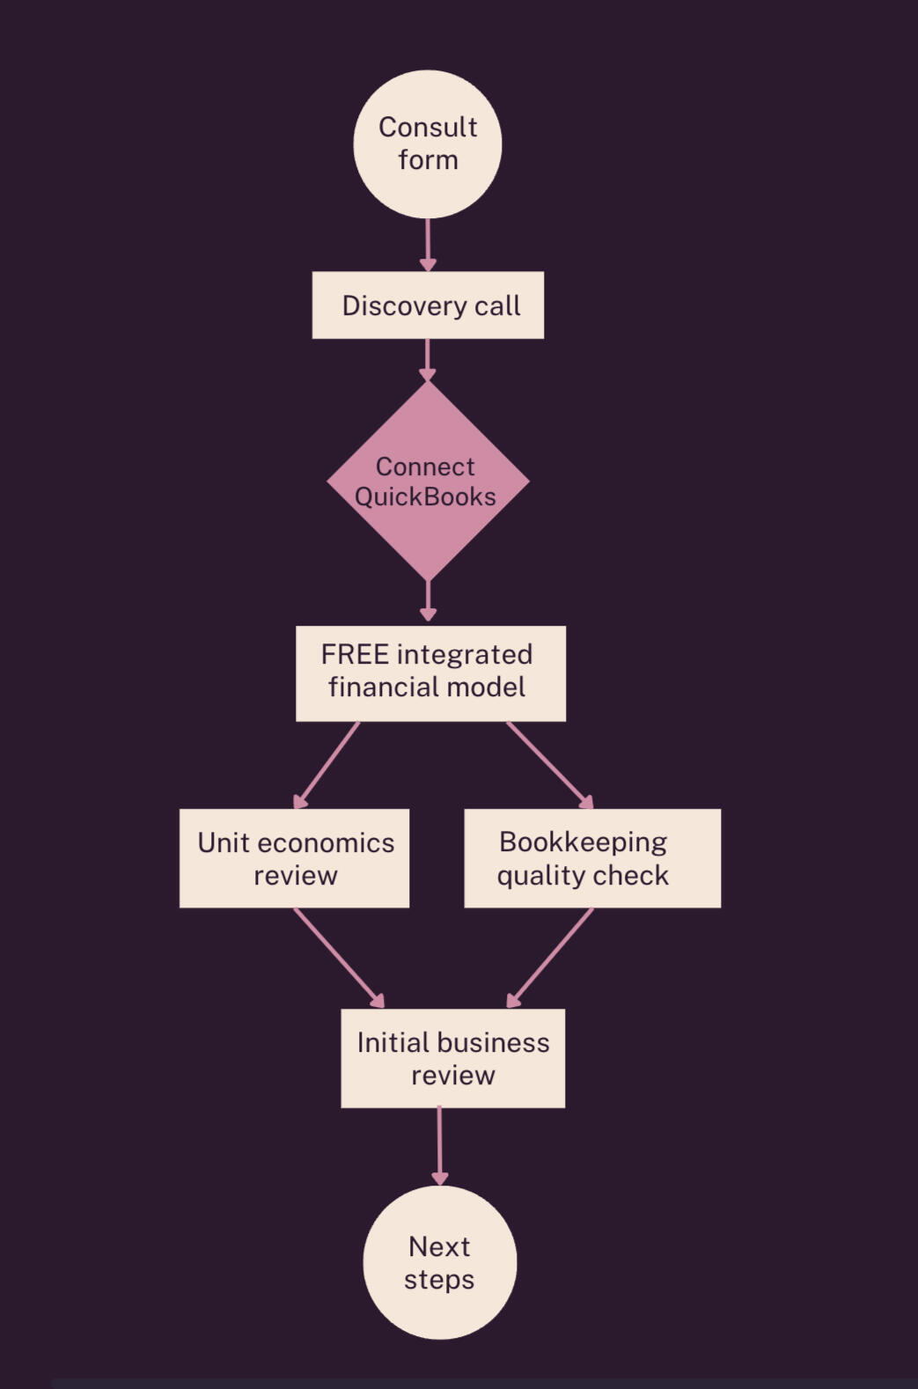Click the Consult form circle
(x=428, y=144)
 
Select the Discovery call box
(x=428, y=305)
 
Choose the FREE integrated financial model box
(x=430, y=673)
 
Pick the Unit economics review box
(x=294, y=858)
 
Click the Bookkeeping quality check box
(x=592, y=858)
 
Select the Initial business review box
(x=452, y=1058)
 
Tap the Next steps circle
(x=439, y=1262)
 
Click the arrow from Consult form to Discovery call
(x=428, y=244)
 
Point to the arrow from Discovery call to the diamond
(x=428, y=359)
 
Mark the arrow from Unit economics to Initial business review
(x=339, y=958)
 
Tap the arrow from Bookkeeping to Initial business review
(x=551, y=958)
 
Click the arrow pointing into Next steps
(x=439, y=1146)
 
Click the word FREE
(x=355, y=655)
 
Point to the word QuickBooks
(x=425, y=497)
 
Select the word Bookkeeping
(x=583, y=842)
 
